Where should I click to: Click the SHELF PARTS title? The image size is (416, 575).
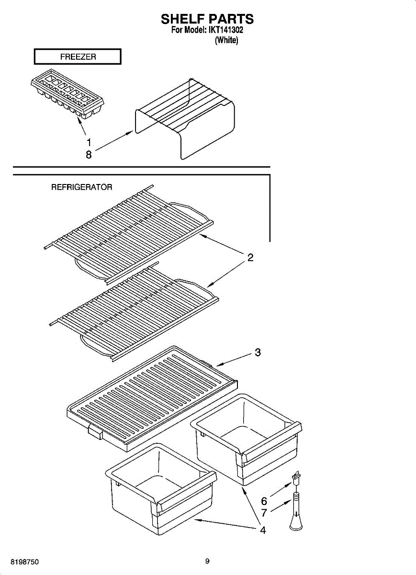tap(207, 19)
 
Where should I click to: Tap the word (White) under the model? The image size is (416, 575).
tap(226, 41)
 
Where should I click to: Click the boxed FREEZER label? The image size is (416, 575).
tap(78, 57)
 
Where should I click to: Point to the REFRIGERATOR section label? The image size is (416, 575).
tap(82, 187)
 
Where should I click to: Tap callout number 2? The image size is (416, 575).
tap(250, 258)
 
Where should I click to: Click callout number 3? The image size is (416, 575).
tap(258, 353)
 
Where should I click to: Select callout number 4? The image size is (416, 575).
tap(263, 530)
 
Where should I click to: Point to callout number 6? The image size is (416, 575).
tap(264, 501)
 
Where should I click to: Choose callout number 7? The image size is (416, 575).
tap(264, 513)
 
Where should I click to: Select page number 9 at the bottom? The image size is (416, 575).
tap(207, 561)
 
